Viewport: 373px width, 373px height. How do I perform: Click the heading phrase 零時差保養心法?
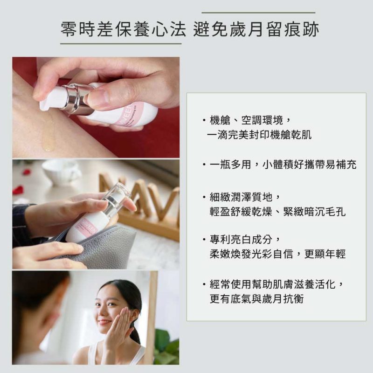click(123, 29)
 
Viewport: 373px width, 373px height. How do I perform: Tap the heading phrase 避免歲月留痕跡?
click(256, 29)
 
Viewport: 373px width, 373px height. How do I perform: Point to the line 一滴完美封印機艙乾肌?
click(259, 135)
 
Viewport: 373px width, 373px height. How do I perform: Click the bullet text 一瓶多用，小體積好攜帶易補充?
click(283, 165)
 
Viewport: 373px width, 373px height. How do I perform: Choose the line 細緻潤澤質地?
click(245, 197)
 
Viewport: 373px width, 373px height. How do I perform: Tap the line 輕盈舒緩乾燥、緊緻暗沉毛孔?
click(277, 212)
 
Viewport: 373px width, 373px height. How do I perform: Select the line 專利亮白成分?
click(245, 240)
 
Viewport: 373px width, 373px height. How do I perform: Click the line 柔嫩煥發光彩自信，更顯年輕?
click(277, 254)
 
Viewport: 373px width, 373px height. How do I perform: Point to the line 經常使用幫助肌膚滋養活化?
click(276, 284)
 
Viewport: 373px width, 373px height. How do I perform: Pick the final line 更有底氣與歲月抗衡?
click(257, 299)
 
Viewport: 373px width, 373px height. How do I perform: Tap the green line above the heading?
click(258, 13)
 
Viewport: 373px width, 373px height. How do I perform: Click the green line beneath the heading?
click(121, 43)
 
